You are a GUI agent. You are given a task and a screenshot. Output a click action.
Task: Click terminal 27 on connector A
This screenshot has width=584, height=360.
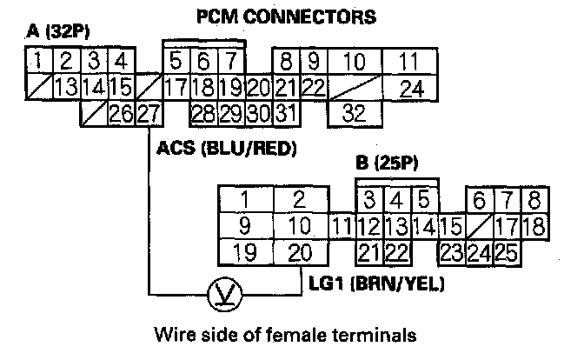coord(149,113)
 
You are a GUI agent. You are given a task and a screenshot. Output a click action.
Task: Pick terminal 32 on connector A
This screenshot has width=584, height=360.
coord(353,113)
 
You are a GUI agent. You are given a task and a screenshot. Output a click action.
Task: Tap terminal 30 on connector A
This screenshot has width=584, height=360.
coord(257,113)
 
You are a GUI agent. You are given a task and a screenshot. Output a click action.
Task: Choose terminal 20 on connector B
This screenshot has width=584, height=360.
coord(299,253)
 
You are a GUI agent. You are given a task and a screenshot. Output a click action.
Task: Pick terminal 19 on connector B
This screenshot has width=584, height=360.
coord(245,253)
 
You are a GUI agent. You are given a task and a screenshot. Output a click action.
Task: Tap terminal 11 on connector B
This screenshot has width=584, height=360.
coord(342,226)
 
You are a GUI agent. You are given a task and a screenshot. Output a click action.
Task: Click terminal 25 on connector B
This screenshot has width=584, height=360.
coord(508,253)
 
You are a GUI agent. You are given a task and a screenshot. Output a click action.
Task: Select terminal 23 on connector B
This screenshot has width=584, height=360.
coord(450,253)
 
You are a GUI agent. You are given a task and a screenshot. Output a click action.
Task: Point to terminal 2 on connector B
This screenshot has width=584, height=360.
coord(299,199)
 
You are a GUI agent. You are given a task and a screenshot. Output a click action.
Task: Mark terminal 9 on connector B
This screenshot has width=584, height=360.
coord(245,226)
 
